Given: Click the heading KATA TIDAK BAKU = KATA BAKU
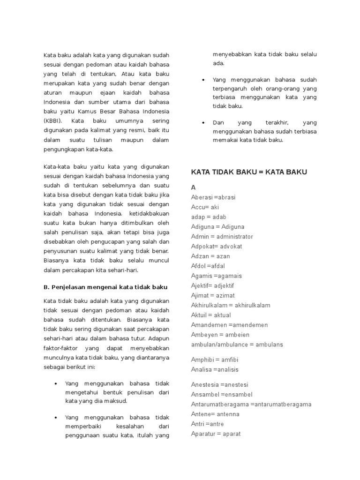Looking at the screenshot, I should pos(249,172).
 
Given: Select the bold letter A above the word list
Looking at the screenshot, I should pos(193,187).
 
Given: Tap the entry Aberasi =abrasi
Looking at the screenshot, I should pos(213,197).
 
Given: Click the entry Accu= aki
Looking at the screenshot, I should pos(205,207).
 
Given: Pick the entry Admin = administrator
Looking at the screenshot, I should pos(222,237).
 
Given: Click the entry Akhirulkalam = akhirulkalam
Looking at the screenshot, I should pos(231,306).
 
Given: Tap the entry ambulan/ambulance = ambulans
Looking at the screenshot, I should pos(237,345).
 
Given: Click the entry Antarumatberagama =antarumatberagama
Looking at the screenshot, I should pos(251,405).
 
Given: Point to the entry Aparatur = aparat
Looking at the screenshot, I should pos(216,434).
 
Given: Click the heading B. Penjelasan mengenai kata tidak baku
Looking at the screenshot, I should pos(105,287).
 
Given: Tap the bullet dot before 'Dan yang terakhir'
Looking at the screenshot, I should pos(203,122).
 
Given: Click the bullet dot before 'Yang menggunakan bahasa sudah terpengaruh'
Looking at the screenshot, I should pos(203,80).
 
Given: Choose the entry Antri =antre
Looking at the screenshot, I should pos(207,424).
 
